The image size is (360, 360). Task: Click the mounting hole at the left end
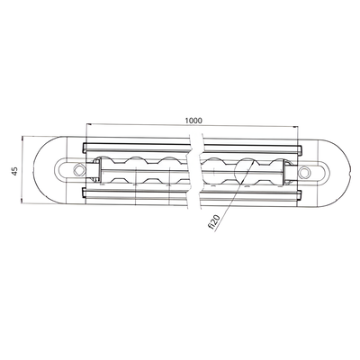[73, 170]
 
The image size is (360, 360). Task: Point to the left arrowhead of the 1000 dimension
[88, 126]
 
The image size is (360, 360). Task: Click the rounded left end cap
[45, 170]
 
